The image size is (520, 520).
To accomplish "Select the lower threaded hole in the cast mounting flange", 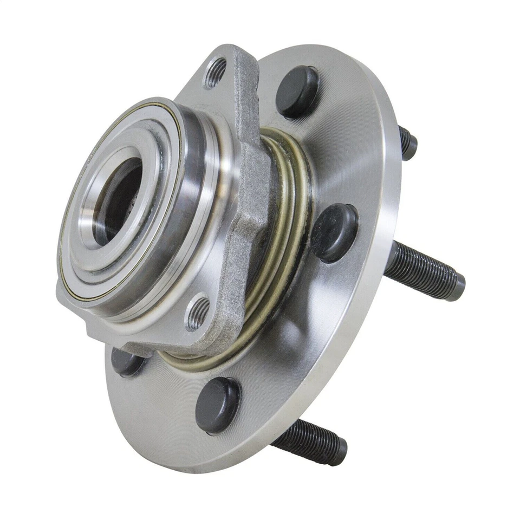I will pos(198,313).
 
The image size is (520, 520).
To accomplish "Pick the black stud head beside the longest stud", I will pos(334,232).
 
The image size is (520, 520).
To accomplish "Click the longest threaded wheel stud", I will pos(422,270).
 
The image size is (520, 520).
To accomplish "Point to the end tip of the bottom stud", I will pos(341,452).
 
